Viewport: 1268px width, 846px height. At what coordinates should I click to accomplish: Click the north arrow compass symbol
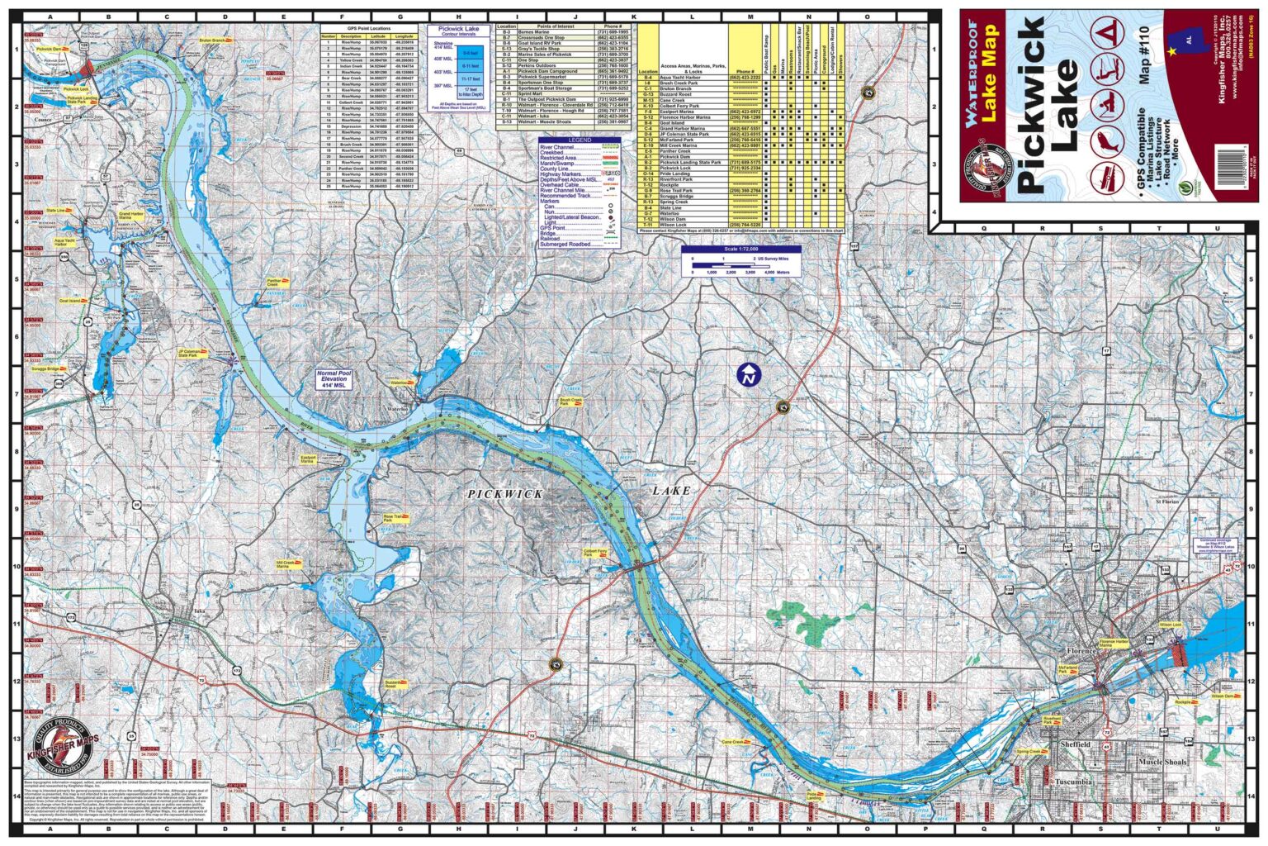coord(749,374)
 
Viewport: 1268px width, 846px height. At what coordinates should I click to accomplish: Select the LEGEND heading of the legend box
coord(580,140)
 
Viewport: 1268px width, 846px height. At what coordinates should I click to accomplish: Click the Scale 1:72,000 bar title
coord(740,249)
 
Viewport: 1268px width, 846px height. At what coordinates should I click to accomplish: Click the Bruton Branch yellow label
coord(212,40)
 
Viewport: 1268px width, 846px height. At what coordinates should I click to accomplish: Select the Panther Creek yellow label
coord(275,283)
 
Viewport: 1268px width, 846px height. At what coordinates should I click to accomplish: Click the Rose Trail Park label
coord(393,518)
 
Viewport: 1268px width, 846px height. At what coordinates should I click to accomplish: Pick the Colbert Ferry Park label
coord(594,552)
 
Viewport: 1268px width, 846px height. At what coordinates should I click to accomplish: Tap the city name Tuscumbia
coord(1073,781)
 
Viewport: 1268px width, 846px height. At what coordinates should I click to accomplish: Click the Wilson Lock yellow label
coord(1170,625)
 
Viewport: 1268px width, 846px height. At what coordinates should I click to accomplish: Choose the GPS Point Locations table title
coord(369,27)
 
